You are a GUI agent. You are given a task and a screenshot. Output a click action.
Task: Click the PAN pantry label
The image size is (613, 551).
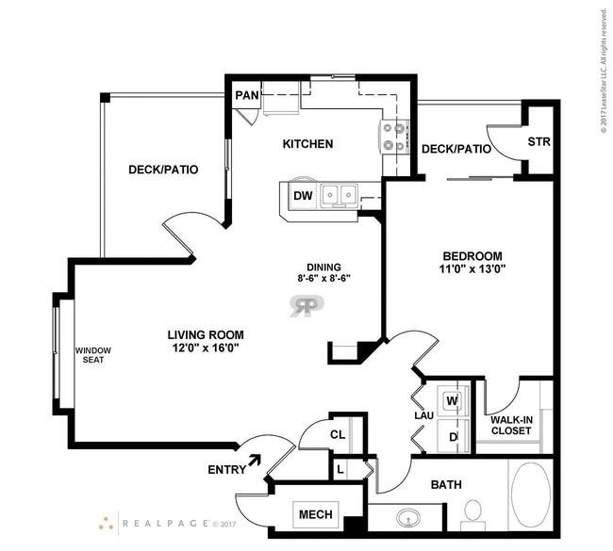point(247,95)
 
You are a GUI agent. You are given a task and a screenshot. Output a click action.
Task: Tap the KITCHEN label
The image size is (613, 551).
point(308,144)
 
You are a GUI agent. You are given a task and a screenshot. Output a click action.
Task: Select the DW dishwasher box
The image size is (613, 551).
point(303,195)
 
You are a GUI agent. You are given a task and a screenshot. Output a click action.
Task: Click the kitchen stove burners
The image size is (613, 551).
point(394,137)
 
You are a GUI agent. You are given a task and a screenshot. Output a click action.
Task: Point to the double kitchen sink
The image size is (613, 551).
point(339,194)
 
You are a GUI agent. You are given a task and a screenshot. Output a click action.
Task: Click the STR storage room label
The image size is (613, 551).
point(538,141)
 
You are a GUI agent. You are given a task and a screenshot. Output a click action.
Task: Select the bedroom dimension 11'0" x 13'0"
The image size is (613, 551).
point(472,269)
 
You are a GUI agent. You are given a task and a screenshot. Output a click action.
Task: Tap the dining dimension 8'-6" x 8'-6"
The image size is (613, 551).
point(323,279)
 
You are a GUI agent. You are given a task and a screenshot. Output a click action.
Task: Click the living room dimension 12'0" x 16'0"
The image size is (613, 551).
point(206,348)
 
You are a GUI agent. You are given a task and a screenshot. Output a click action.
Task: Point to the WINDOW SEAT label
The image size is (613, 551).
point(93,355)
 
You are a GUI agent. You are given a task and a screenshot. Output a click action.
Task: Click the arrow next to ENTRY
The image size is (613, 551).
point(255,460)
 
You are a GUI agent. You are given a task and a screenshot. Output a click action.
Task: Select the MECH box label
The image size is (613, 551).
point(316,514)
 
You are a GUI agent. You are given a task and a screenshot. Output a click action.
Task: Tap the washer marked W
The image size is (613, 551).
point(453,400)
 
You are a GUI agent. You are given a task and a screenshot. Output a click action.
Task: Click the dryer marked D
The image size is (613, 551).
point(453,437)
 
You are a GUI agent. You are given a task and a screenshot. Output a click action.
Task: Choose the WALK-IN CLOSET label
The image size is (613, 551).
point(511,426)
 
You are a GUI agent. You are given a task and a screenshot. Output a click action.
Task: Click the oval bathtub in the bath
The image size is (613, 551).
point(531,494)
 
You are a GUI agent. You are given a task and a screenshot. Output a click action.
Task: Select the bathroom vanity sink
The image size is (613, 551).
point(408,518)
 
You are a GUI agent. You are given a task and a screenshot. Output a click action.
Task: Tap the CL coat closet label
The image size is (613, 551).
point(338,434)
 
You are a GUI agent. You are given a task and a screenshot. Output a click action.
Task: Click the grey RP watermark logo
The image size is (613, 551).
point(306,306)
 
